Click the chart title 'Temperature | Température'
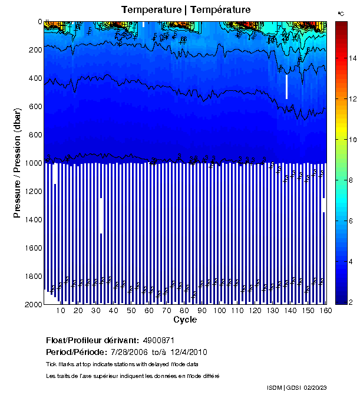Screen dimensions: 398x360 click(186, 9)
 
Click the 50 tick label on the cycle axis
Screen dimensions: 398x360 click(131, 311)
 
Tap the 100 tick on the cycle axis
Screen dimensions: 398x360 click(220, 311)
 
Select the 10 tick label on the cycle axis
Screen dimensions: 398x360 click(61, 311)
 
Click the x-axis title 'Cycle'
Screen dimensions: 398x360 click(185, 320)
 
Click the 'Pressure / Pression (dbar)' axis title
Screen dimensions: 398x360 click(17, 163)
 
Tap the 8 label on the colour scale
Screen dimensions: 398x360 click(351, 180)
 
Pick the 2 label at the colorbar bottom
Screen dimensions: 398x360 click(351, 302)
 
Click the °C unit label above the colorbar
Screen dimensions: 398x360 click(341, 13)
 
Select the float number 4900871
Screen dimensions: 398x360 click(158, 340)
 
